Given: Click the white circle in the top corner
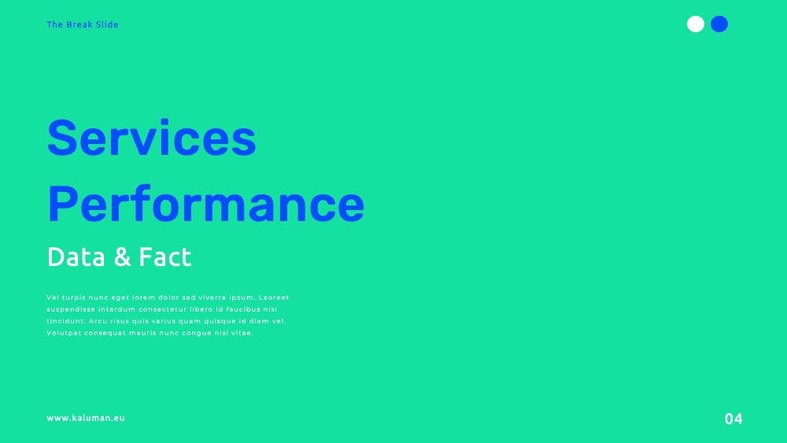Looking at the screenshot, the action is tap(695, 24).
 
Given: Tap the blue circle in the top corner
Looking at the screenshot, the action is tap(719, 24).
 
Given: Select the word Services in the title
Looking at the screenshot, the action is tap(152, 138).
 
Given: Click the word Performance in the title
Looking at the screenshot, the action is tap(205, 205).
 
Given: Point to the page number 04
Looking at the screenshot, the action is tap(733, 419).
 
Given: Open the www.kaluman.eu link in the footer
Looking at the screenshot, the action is tap(86, 418).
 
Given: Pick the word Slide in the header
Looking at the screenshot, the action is tap(107, 24).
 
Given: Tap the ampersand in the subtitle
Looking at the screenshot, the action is tap(123, 257).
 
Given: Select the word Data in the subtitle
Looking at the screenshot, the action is tap(76, 257).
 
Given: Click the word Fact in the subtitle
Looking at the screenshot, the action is tap(165, 257).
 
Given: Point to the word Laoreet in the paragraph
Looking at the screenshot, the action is tap(274, 297).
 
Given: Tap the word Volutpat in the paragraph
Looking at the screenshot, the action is tap(64, 333).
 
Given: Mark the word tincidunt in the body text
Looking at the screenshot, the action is tap(66, 321).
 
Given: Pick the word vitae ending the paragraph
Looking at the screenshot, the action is tap(242, 333).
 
